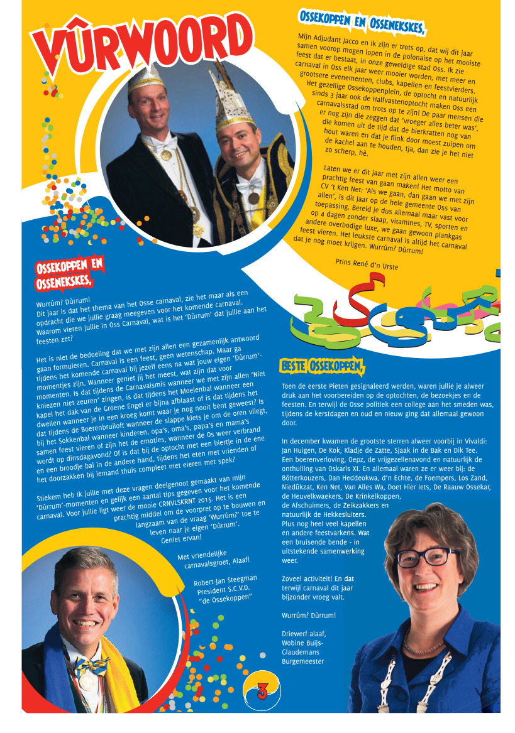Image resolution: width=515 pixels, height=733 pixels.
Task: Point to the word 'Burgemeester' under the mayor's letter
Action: click(x=304, y=661)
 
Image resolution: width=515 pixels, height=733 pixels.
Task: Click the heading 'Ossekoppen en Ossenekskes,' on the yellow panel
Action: click(x=362, y=22)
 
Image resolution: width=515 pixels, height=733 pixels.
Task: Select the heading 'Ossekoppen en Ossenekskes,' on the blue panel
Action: click(x=69, y=272)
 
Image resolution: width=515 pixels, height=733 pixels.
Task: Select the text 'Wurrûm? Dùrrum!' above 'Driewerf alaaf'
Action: click(x=309, y=616)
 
